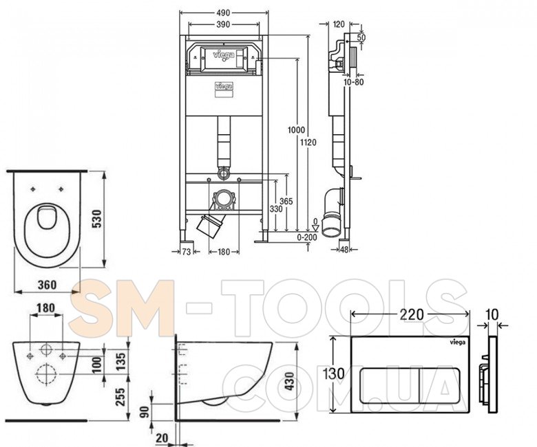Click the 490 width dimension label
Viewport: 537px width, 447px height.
(223, 13)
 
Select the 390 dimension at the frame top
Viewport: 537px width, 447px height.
(223, 24)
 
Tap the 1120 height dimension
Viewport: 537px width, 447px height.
(308, 142)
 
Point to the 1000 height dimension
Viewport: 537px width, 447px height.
(296, 130)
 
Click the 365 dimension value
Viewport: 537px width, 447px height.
(286, 201)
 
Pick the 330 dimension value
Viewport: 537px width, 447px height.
(276, 208)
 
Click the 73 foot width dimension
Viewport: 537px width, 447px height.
(187, 252)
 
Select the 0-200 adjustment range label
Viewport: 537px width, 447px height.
(307, 237)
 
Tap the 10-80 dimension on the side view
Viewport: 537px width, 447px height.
(354, 82)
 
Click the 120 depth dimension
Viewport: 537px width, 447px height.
(339, 24)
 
